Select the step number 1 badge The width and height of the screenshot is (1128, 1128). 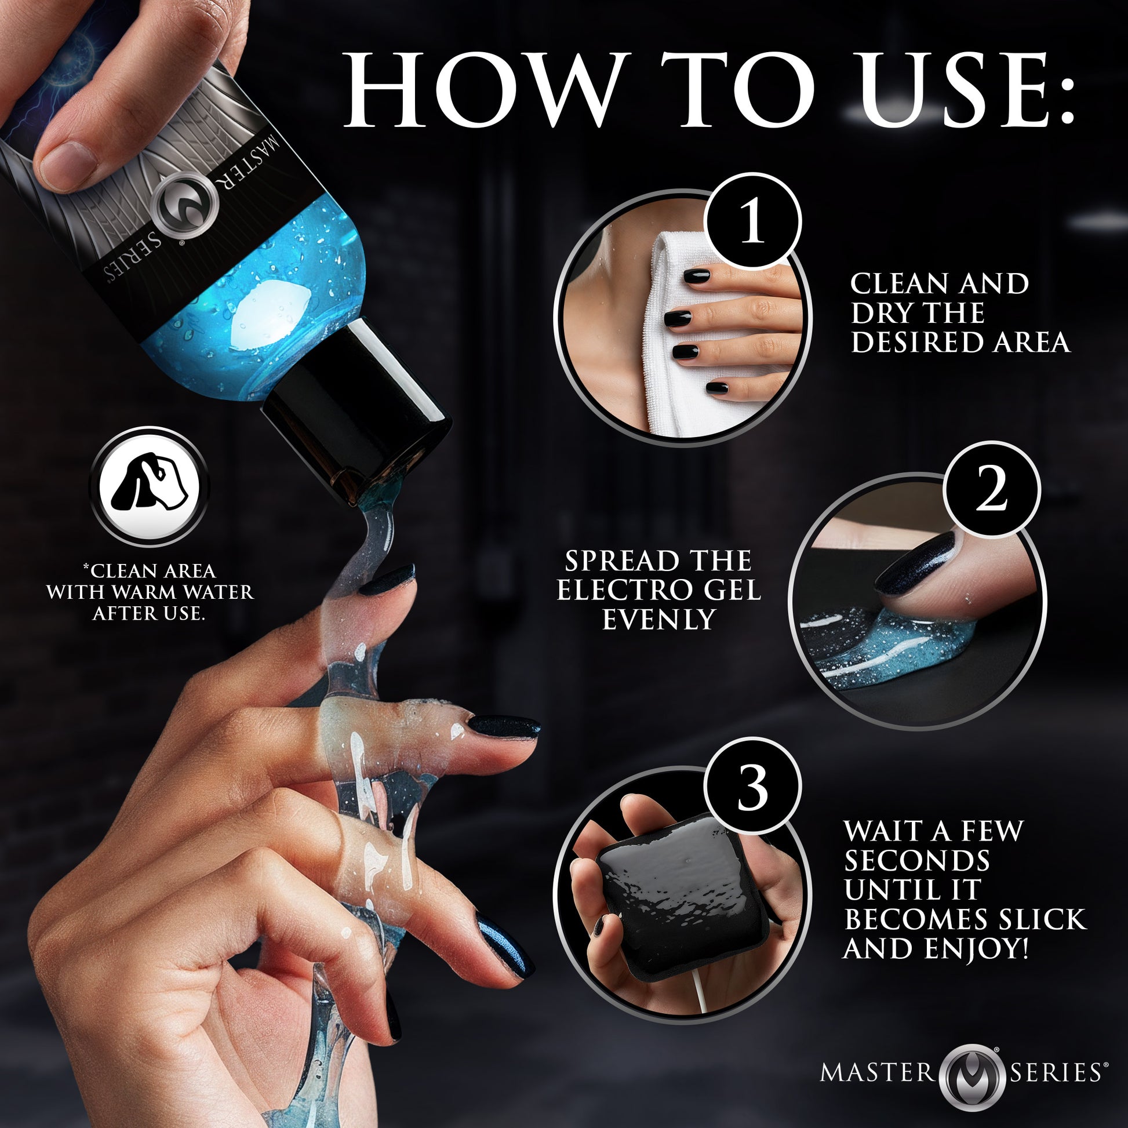tap(752, 222)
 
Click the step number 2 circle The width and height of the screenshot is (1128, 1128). tap(991, 490)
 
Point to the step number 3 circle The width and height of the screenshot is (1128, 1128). tap(752, 787)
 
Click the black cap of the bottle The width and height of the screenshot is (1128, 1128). tap(356, 409)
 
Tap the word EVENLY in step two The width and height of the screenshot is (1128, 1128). tap(658, 620)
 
